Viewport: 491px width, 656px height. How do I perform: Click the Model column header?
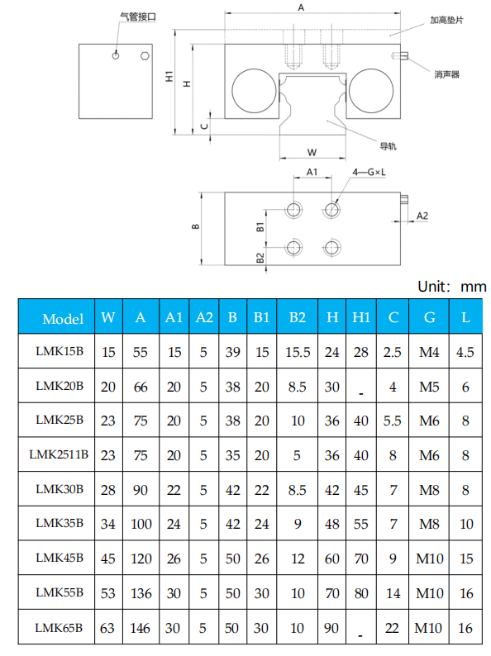(63, 318)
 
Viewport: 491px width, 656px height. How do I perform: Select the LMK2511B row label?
(59, 454)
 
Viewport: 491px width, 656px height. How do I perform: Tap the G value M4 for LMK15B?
(429, 352)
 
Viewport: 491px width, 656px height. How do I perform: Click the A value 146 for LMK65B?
(141, 628)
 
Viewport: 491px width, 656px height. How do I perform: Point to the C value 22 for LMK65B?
(393, 628)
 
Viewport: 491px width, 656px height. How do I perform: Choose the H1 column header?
(361, 318)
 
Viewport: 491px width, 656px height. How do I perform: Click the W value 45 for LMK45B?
(108, 559)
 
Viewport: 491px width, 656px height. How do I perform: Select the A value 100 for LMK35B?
(141, 524)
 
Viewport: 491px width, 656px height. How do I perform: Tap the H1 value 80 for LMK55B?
(361, 593)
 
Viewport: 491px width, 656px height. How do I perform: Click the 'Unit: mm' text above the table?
(451, 287)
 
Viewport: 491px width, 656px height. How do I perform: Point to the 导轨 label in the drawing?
(388, 146)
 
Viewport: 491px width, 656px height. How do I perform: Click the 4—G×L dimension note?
(369, 172)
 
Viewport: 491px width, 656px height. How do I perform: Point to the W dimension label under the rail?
(312, 152)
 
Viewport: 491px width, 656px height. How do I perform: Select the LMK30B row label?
(60, 489)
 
